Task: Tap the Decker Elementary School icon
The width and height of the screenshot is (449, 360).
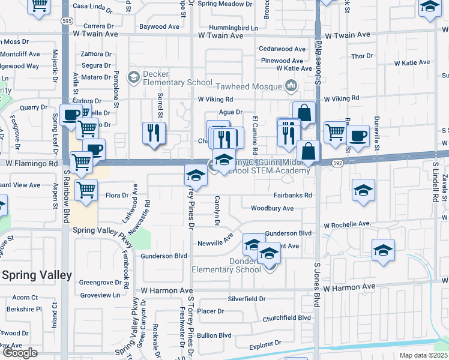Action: pos(133,76)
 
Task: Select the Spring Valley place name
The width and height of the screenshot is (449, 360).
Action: pos(37,275)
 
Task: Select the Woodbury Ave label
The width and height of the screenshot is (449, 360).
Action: pos(272,208)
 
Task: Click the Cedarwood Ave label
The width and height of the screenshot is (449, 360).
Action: pos(283,49)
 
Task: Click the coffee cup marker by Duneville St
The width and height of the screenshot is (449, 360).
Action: pos(358,136)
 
